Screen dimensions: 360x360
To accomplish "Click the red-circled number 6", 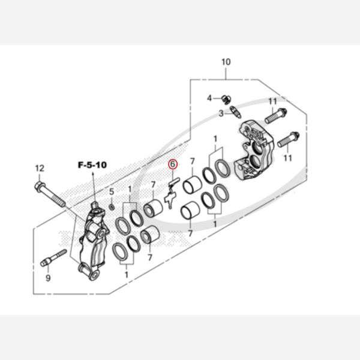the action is pos(173,164).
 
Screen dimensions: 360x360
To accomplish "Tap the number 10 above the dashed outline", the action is pos(226,62).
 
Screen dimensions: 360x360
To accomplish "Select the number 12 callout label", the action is pos(40,168).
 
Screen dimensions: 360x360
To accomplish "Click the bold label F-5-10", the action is pos(92,165).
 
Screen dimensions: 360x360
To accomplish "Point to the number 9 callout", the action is pos(48,278).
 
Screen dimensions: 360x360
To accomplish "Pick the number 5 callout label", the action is pos(112,191).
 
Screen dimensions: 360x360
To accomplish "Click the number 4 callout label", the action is pos(209,98).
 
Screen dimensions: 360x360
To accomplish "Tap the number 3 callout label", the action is pos(221,113).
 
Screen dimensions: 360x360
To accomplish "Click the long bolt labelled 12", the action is pos(50,194).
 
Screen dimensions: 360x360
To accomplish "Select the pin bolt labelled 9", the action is pos(53,258).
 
